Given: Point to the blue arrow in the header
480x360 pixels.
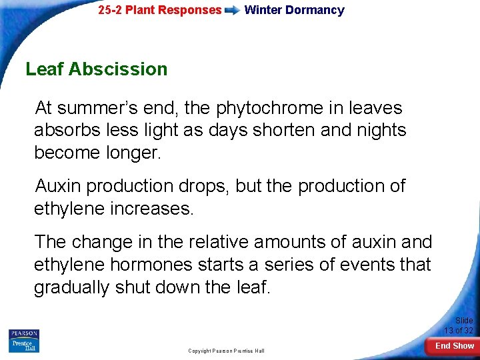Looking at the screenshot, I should click(233, 11).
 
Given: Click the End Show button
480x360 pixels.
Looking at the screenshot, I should click(455, 346).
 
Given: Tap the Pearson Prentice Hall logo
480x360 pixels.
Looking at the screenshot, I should click(24, 341).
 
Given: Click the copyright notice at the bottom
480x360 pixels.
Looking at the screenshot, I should click(226, 351).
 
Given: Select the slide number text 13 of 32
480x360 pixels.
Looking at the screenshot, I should click(459, 330).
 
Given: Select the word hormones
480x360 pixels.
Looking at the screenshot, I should click(154, 265).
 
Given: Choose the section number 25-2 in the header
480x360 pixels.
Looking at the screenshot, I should click(111, 10).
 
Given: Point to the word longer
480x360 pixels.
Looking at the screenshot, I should click(131, 153).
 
